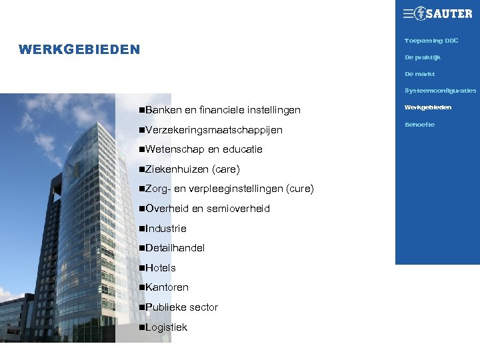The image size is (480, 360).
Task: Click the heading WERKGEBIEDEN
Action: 79,49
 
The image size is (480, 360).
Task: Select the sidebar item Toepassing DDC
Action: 431,41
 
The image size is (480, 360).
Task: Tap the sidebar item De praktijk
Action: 423,57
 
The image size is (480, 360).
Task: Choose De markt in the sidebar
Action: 419,74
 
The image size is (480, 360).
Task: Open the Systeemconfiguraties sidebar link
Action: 440,91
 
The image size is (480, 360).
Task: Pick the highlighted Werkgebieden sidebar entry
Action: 427,107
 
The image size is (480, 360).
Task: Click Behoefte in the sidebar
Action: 419,125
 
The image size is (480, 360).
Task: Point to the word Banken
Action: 160,109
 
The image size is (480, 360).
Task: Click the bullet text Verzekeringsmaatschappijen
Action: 213,129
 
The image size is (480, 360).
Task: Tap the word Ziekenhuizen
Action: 176,169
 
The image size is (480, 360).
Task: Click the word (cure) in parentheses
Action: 299,189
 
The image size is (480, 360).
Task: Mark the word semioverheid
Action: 238,209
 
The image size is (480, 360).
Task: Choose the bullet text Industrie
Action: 166,228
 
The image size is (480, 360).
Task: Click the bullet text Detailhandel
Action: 175,248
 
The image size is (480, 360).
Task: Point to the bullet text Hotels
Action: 161,268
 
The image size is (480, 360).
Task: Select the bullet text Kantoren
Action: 167,287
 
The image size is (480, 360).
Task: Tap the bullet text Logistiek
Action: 166,327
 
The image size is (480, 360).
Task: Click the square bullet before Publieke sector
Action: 142,307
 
